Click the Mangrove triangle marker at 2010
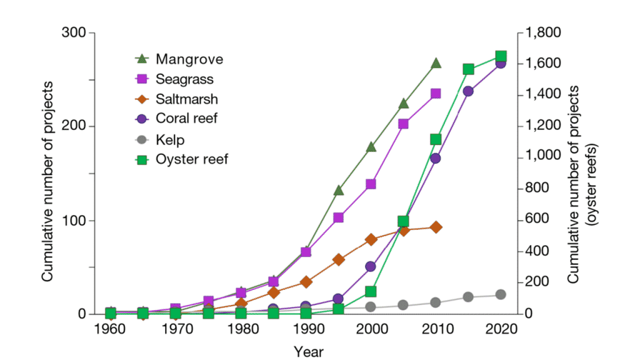436,63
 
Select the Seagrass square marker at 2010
436,94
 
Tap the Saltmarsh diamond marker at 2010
436,227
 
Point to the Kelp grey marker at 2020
501,294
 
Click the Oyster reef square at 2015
468,69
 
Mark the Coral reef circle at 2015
468,91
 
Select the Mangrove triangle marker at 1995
338,190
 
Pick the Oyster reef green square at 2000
371,291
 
